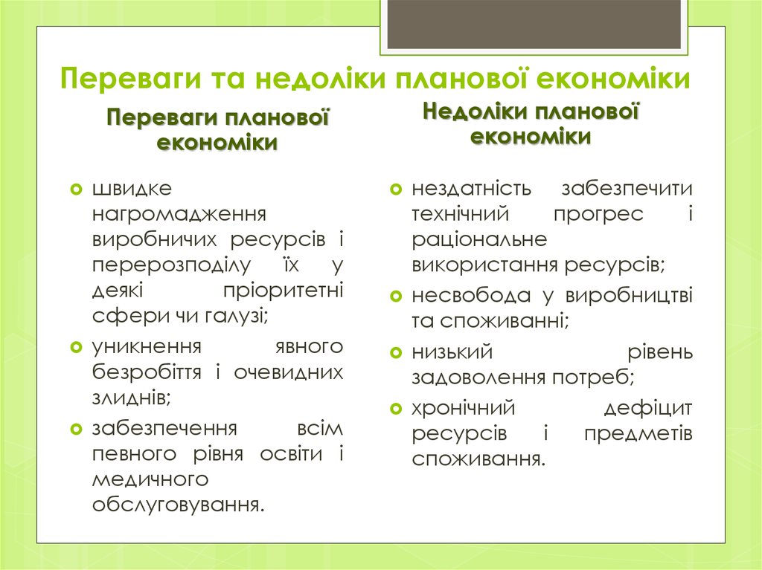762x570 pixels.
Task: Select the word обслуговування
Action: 178,505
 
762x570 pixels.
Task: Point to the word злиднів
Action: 131,398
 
